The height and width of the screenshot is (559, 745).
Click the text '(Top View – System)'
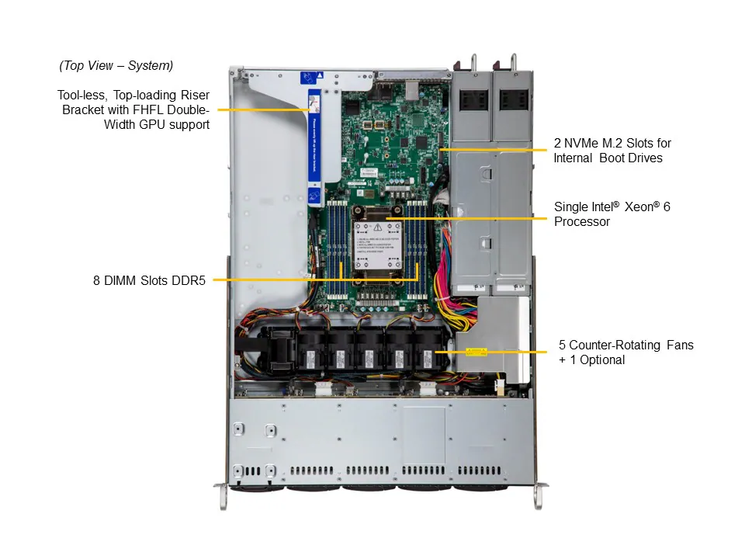point(116,66)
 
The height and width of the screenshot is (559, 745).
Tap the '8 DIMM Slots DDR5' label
point(149,279)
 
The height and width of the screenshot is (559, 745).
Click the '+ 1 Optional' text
point(591,359)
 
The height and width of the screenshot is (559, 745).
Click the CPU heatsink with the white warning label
point(376,245)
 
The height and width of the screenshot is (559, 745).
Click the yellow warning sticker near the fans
point(475,352)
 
